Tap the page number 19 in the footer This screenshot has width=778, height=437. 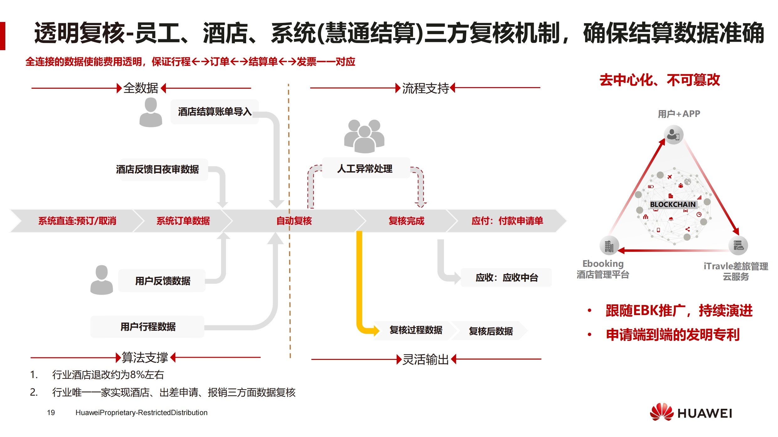click(x=51, y=413)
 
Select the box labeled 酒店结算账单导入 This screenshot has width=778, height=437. click(x=214, y=112)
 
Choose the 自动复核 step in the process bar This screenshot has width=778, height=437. click(x=294, y=221)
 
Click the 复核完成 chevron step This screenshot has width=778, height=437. click(x=406, y=221)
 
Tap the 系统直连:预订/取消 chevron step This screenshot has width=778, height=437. click(x=77, y=221)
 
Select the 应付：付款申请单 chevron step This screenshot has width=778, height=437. click(x=507, y=221)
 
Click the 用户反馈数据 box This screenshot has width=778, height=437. click(x=162, y=281)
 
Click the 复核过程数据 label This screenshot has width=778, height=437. click(x=415, y=330)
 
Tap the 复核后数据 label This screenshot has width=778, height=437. click(x=491, y=331)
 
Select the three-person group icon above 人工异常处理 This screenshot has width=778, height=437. click(x=364, y=136)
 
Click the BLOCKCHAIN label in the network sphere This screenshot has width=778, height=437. click(x=673, y=204)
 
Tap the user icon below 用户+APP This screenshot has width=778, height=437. click(x=673, y=134)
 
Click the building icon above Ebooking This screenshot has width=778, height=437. click(x=609, y=246)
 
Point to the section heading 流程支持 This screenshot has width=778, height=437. click(x=425, y=88)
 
